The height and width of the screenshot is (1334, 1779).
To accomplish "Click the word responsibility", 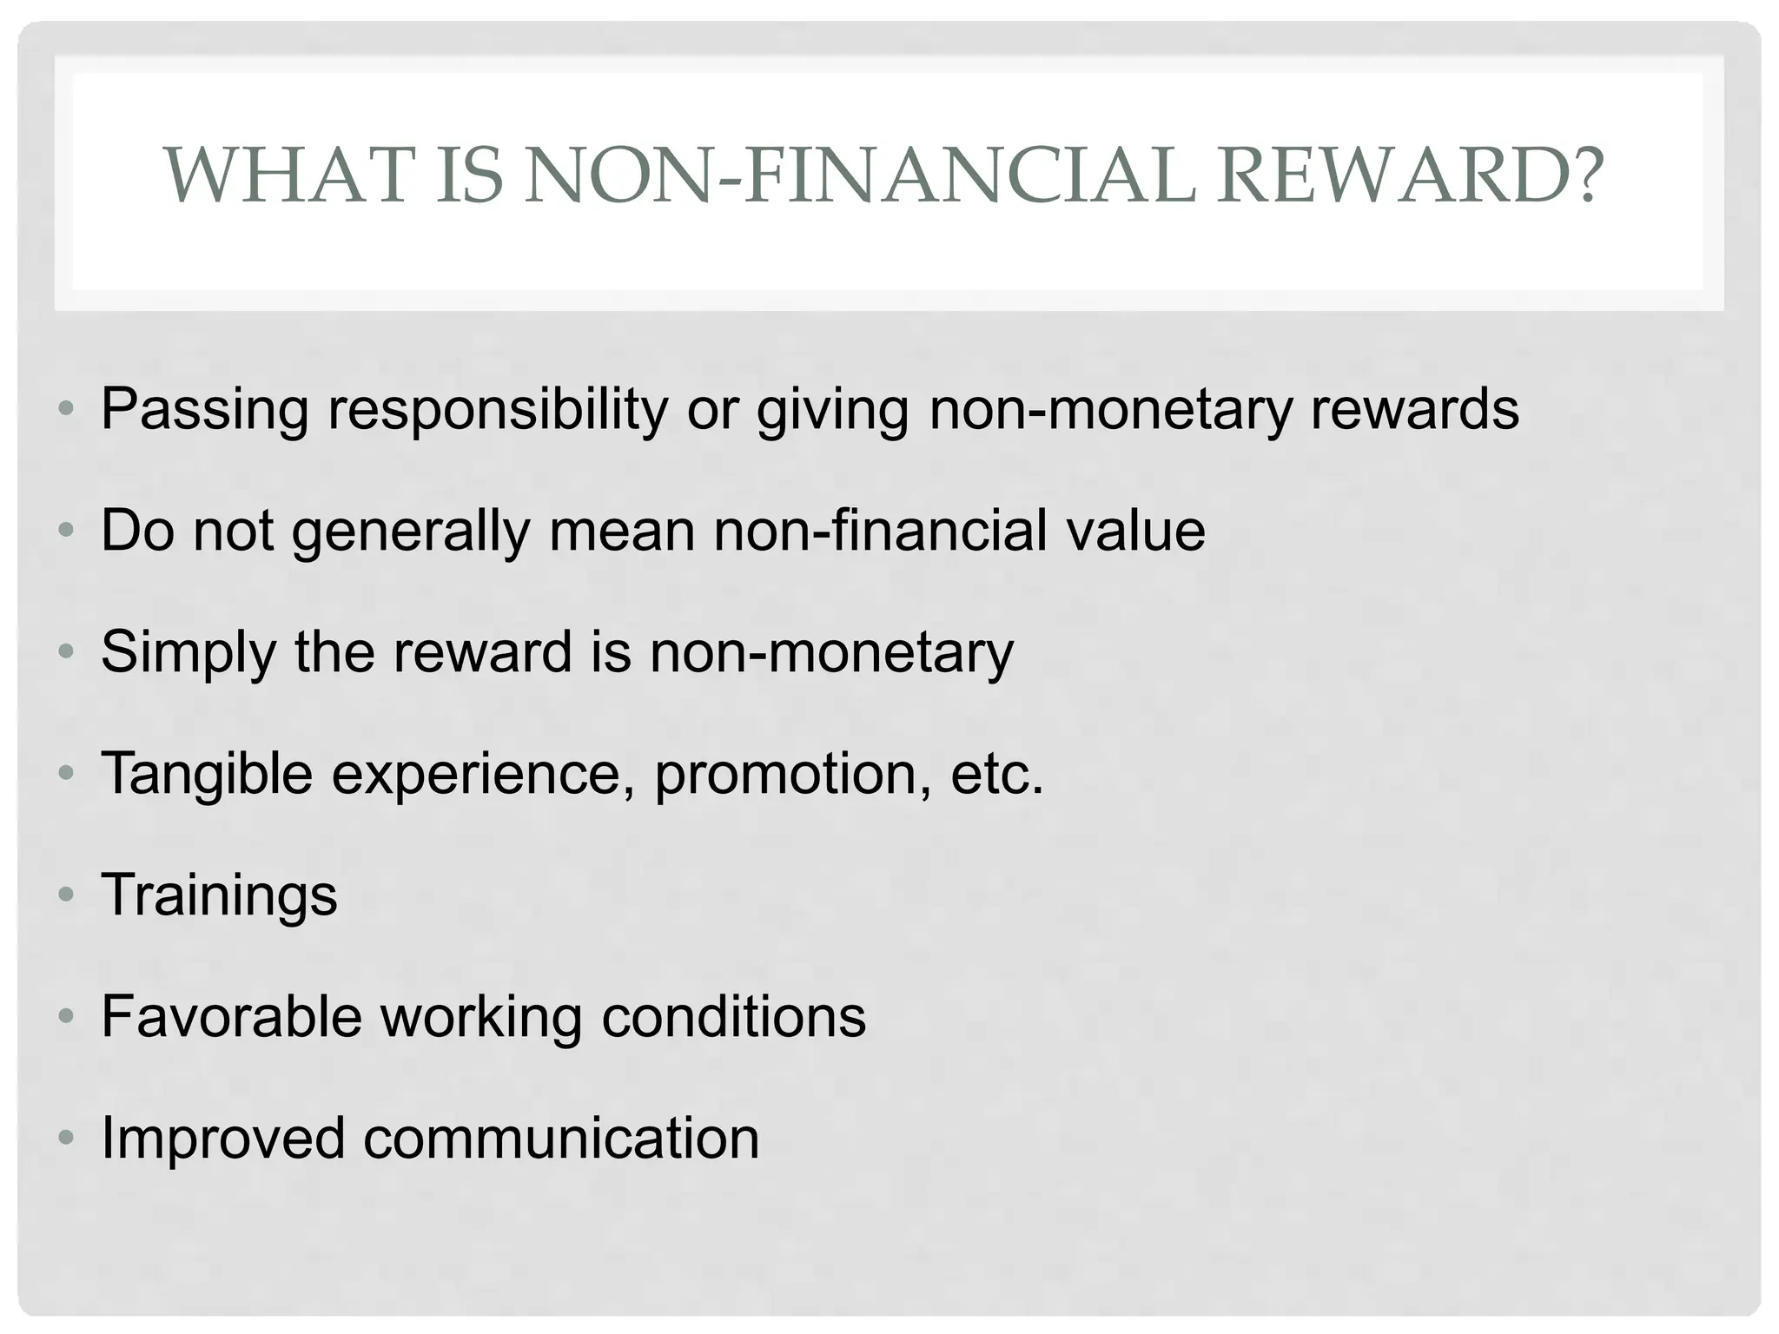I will pyautogui.click(x=498, y=410).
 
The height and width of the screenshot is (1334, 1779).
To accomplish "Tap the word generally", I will pyautogui.click(x=411, y=532).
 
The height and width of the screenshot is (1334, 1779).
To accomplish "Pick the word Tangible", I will pyautogui.click(x=207, y=774).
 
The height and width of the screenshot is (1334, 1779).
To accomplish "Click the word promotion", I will pyautogui.click(x=785, y=774).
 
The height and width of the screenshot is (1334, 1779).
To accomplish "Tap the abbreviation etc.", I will pyautogui.click(x=996, y=774).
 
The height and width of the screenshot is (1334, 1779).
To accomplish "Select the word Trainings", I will pyautogui.click(x=219, y=896).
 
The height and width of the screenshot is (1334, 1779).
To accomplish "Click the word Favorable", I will pyautogui.click(x=231, y=1016).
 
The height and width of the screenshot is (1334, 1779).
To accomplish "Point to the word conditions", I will pyautogui.click(x=734, y=1016).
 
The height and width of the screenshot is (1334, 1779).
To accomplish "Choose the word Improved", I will pyautogui.click(x=223, y=1139).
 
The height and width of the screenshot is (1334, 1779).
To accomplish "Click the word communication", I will pyautogui.click(x=561, y=1138).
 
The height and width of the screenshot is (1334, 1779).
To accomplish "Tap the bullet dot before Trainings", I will pyautogui.click(x=67, y=895).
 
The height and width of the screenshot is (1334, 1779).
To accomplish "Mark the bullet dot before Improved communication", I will pyautogui.click(x=67, y=1138).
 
